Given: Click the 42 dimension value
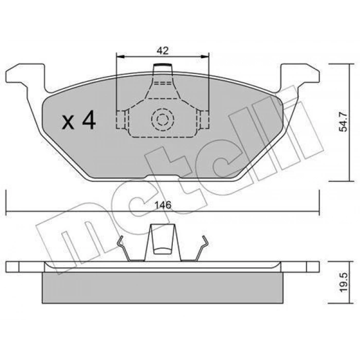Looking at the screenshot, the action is click(163, 51).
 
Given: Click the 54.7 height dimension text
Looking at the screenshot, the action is click(344, 122).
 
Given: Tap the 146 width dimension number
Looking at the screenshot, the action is click(163, 205).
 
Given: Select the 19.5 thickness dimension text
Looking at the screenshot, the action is click(344, 282).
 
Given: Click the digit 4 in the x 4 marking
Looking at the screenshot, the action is click(89, 120).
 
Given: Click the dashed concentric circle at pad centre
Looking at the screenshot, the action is click(163, 119).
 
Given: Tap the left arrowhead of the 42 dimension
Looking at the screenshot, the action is click(120, 56).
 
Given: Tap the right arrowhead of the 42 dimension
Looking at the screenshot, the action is click(205, 56).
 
